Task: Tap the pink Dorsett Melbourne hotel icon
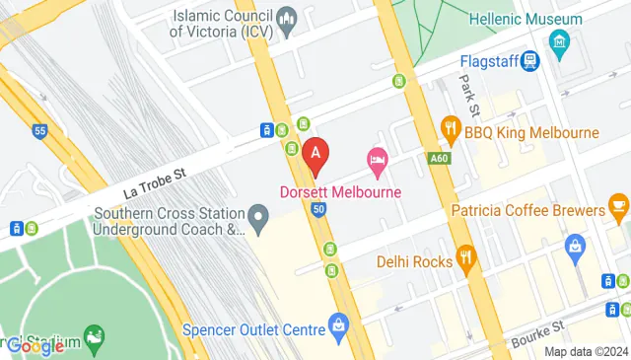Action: click(x=377, y=159)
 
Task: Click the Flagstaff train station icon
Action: click(x=530, y=61)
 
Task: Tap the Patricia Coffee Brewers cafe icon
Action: click(x=618, y=204)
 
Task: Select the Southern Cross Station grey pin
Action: click(x=258, y=215)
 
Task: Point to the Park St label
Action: click(x=470, y=95)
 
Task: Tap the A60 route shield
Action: click(x=440, y=158)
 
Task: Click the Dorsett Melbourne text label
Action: click(x=341, y=190)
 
